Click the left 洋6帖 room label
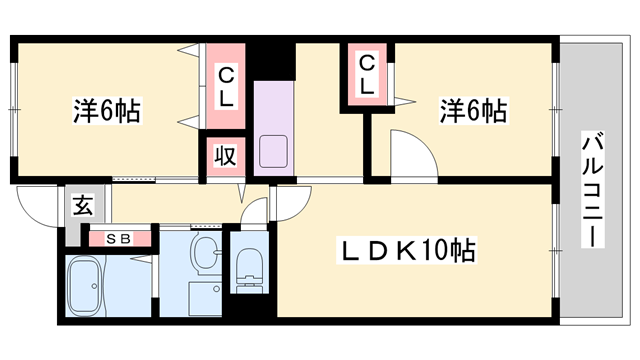click(106, 110)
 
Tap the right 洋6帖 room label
click(472, 110)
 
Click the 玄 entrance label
click(83, 208)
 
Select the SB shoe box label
click(118, 239)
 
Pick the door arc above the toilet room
click(256, 210)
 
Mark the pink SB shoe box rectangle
click(118, 239)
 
